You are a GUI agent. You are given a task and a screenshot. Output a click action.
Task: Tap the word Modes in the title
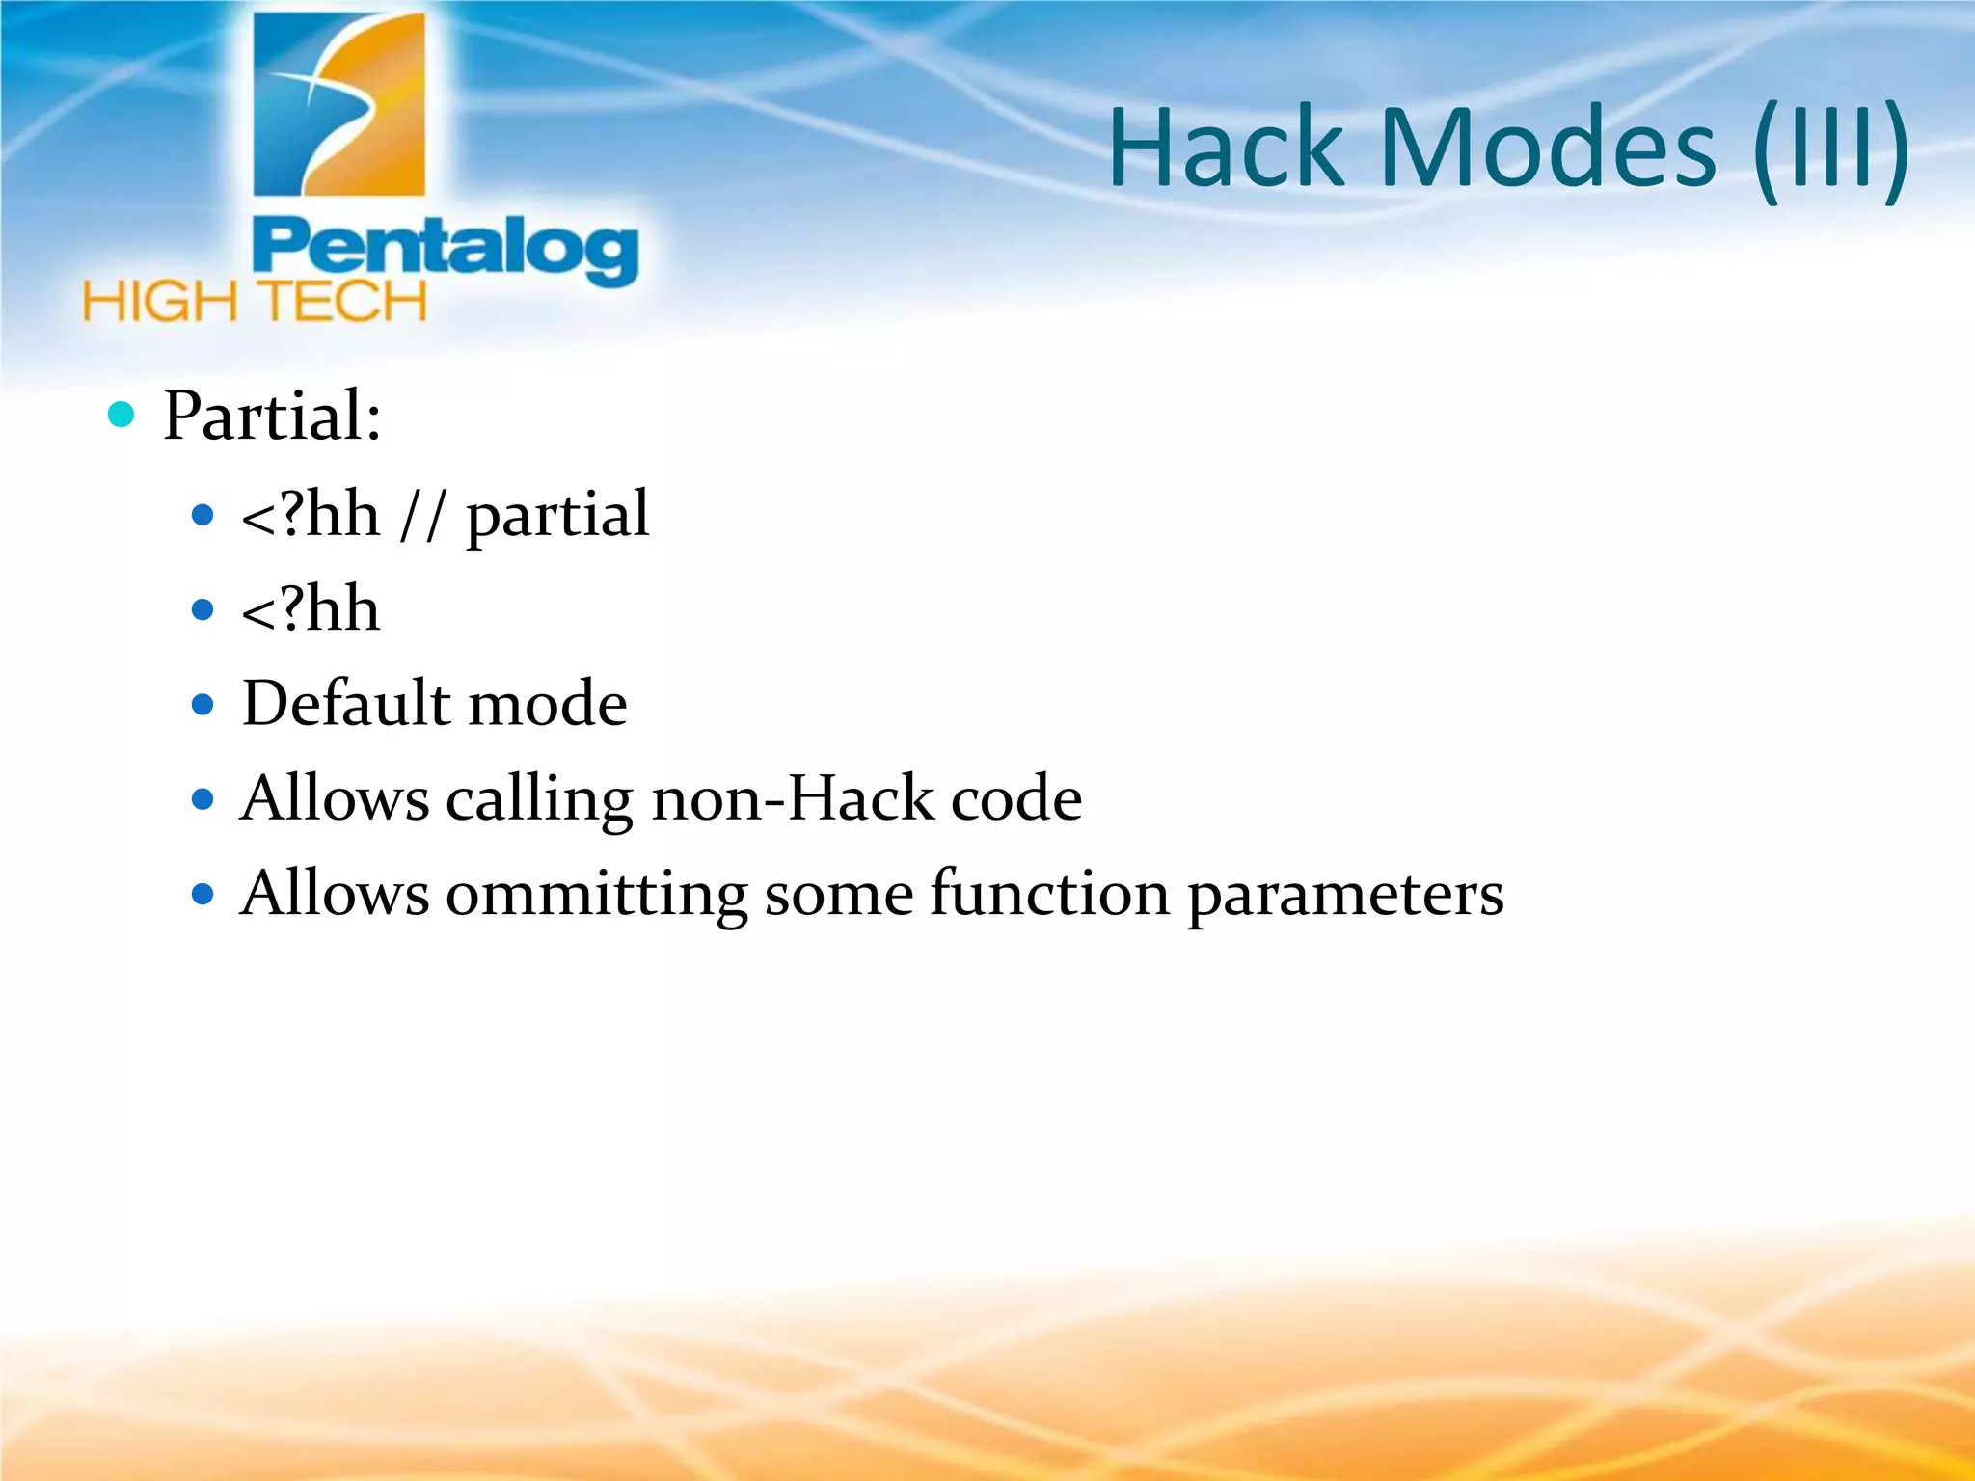1549,149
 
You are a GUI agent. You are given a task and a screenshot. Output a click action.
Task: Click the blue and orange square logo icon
338,104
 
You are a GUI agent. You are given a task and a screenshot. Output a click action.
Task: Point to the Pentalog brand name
445,250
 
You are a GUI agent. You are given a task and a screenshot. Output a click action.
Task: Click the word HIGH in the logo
160,303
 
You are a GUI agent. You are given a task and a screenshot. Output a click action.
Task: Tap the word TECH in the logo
344,303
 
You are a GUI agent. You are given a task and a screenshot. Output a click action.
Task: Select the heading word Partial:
272,416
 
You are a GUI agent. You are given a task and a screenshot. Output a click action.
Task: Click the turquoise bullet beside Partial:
122,415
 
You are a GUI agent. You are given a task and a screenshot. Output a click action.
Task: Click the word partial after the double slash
557,516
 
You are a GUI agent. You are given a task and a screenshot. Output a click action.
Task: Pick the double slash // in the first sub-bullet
422,516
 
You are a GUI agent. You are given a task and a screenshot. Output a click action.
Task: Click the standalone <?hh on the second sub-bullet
311,609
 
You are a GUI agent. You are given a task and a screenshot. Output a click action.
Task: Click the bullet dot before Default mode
203,705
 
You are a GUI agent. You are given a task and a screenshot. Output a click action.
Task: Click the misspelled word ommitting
596,894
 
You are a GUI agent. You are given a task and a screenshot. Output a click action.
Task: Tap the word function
1049,893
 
